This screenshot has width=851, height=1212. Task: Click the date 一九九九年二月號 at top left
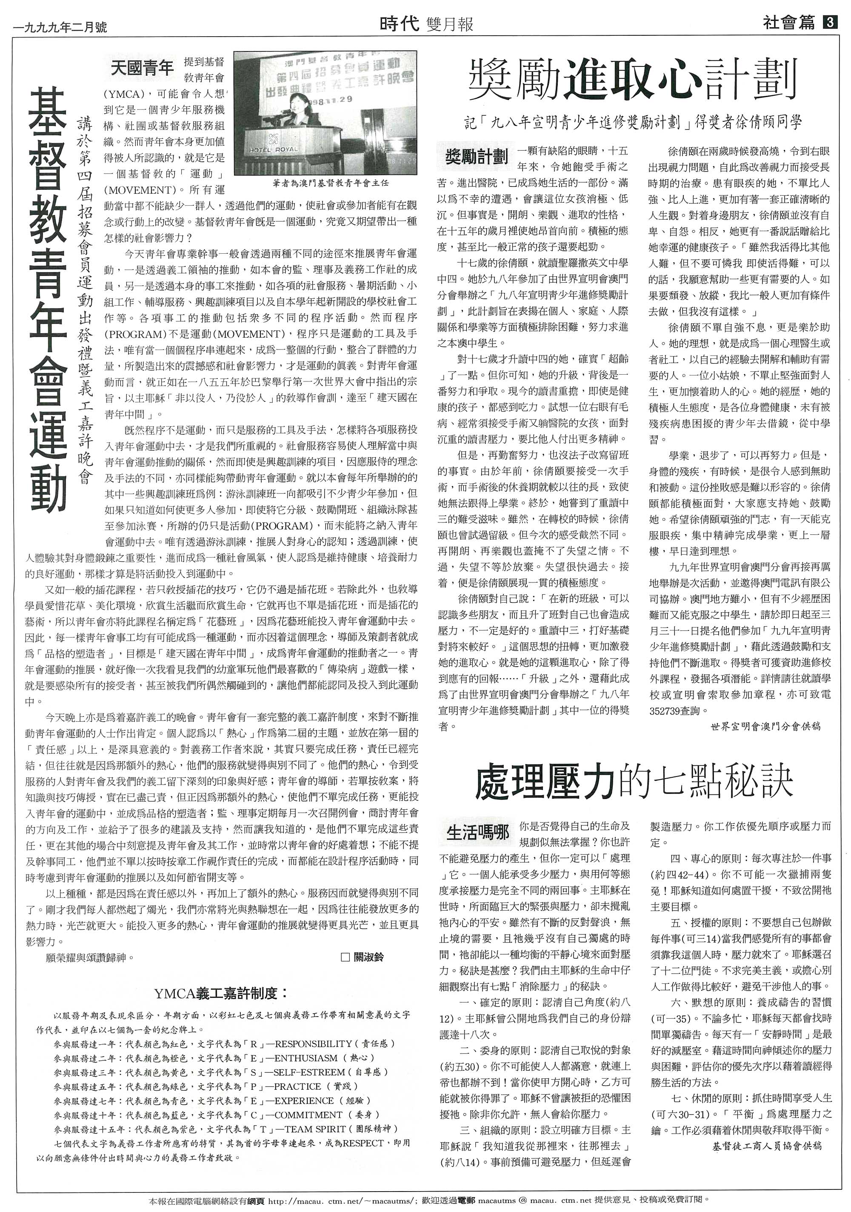point(60,26)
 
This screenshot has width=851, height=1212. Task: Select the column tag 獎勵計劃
point(476,156)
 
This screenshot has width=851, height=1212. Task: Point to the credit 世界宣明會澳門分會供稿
point(765,726)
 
